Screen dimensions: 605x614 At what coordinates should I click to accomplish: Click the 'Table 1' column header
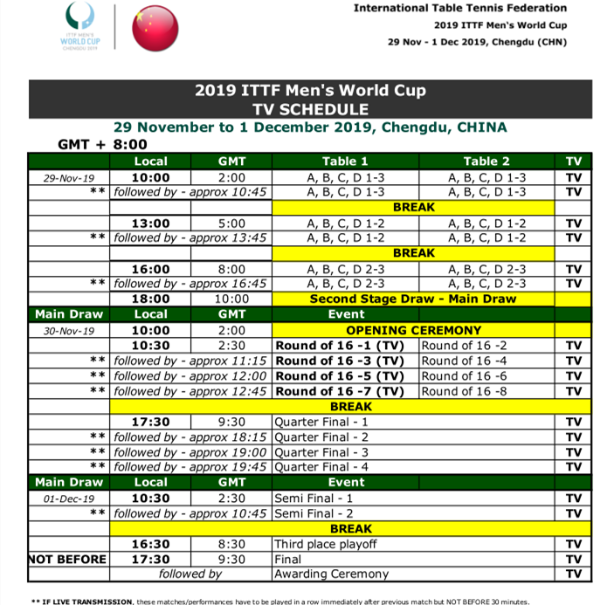[x=345, y=161]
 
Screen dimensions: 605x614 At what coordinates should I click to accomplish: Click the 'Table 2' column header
[x=486, y=161]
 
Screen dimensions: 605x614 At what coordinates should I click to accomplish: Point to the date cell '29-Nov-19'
[x=67, y=177]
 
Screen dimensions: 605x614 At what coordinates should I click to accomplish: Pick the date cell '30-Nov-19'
[x=67, y=331]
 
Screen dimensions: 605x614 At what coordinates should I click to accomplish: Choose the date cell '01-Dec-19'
[x=67, y=498]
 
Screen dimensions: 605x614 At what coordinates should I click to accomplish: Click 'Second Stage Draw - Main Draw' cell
[x=413, y=299]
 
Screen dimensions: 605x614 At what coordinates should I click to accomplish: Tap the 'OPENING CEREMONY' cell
[x=413, y=330]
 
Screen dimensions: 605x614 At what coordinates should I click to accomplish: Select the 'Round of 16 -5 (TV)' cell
[x=340, y=376]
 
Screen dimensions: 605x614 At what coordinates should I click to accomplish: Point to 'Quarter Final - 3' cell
[x=321, y=452]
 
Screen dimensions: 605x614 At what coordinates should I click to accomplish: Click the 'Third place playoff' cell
[x=325, y=544]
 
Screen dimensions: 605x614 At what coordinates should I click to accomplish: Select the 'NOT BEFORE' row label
[x=67, y=559]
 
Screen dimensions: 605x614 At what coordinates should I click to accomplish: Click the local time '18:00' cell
[x=151, y=299]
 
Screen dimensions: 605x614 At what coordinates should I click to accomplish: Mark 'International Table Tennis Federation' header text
[x=459, y=8]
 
